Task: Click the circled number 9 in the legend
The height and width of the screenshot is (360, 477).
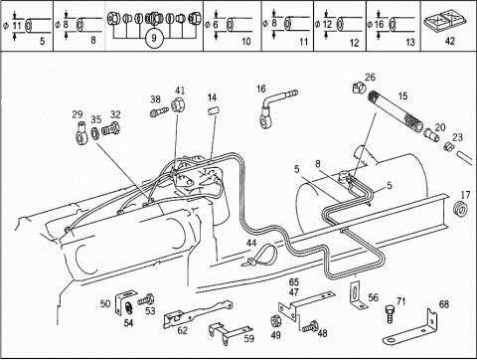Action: (x=154, y=38)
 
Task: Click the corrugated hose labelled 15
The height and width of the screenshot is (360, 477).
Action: (x=396, y=112)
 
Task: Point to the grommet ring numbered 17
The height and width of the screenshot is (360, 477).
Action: (x=461, y=209)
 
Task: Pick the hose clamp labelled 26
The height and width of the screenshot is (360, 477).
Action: (x=359, y=88)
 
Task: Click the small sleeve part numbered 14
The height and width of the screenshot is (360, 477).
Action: (x=214, y=110)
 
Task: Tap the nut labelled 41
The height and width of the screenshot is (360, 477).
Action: (x=178, y=104)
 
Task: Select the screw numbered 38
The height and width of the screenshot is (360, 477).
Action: (x=159, y=111)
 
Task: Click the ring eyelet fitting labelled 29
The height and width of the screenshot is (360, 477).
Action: (x=80, y=133)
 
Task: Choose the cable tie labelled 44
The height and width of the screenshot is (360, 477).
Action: (x=261, y=255)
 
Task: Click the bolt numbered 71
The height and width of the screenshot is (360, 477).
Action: (x=391, y=313)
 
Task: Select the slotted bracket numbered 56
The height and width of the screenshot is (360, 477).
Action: (x=357, y=296)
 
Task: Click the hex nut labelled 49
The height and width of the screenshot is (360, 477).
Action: (x=275, y=321)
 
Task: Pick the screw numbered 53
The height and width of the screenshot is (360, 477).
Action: (x=146, y=299)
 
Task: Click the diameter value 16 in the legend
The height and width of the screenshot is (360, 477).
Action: (x=379, y=24)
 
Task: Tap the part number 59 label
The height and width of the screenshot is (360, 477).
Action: (x=249, y=338)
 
